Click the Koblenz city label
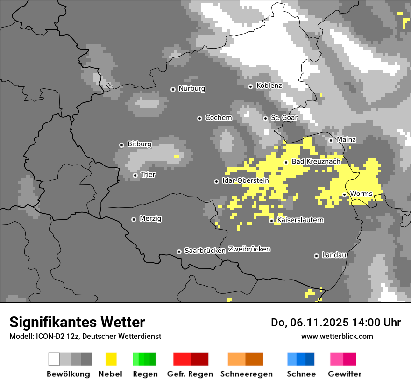click(269, 86)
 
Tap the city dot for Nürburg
click(173, 89)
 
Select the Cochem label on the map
click(218, 118)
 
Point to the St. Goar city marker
click(265, 118)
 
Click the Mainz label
click(346, 140)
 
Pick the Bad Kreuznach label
click(316, 161)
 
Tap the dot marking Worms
click(344, 194)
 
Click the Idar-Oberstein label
click(245, 180)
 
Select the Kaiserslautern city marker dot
click(271, 221)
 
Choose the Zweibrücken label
click(249, 249)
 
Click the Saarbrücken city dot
click(179, 251)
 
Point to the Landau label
click(334, 255)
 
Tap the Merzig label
click(150, 219)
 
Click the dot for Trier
click(135, 175)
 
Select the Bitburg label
click(139, 144)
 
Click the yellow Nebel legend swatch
click(111, 359)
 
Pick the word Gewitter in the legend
click(344, 374)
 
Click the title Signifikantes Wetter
click(77, 322)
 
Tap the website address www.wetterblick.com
click(337, 336)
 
